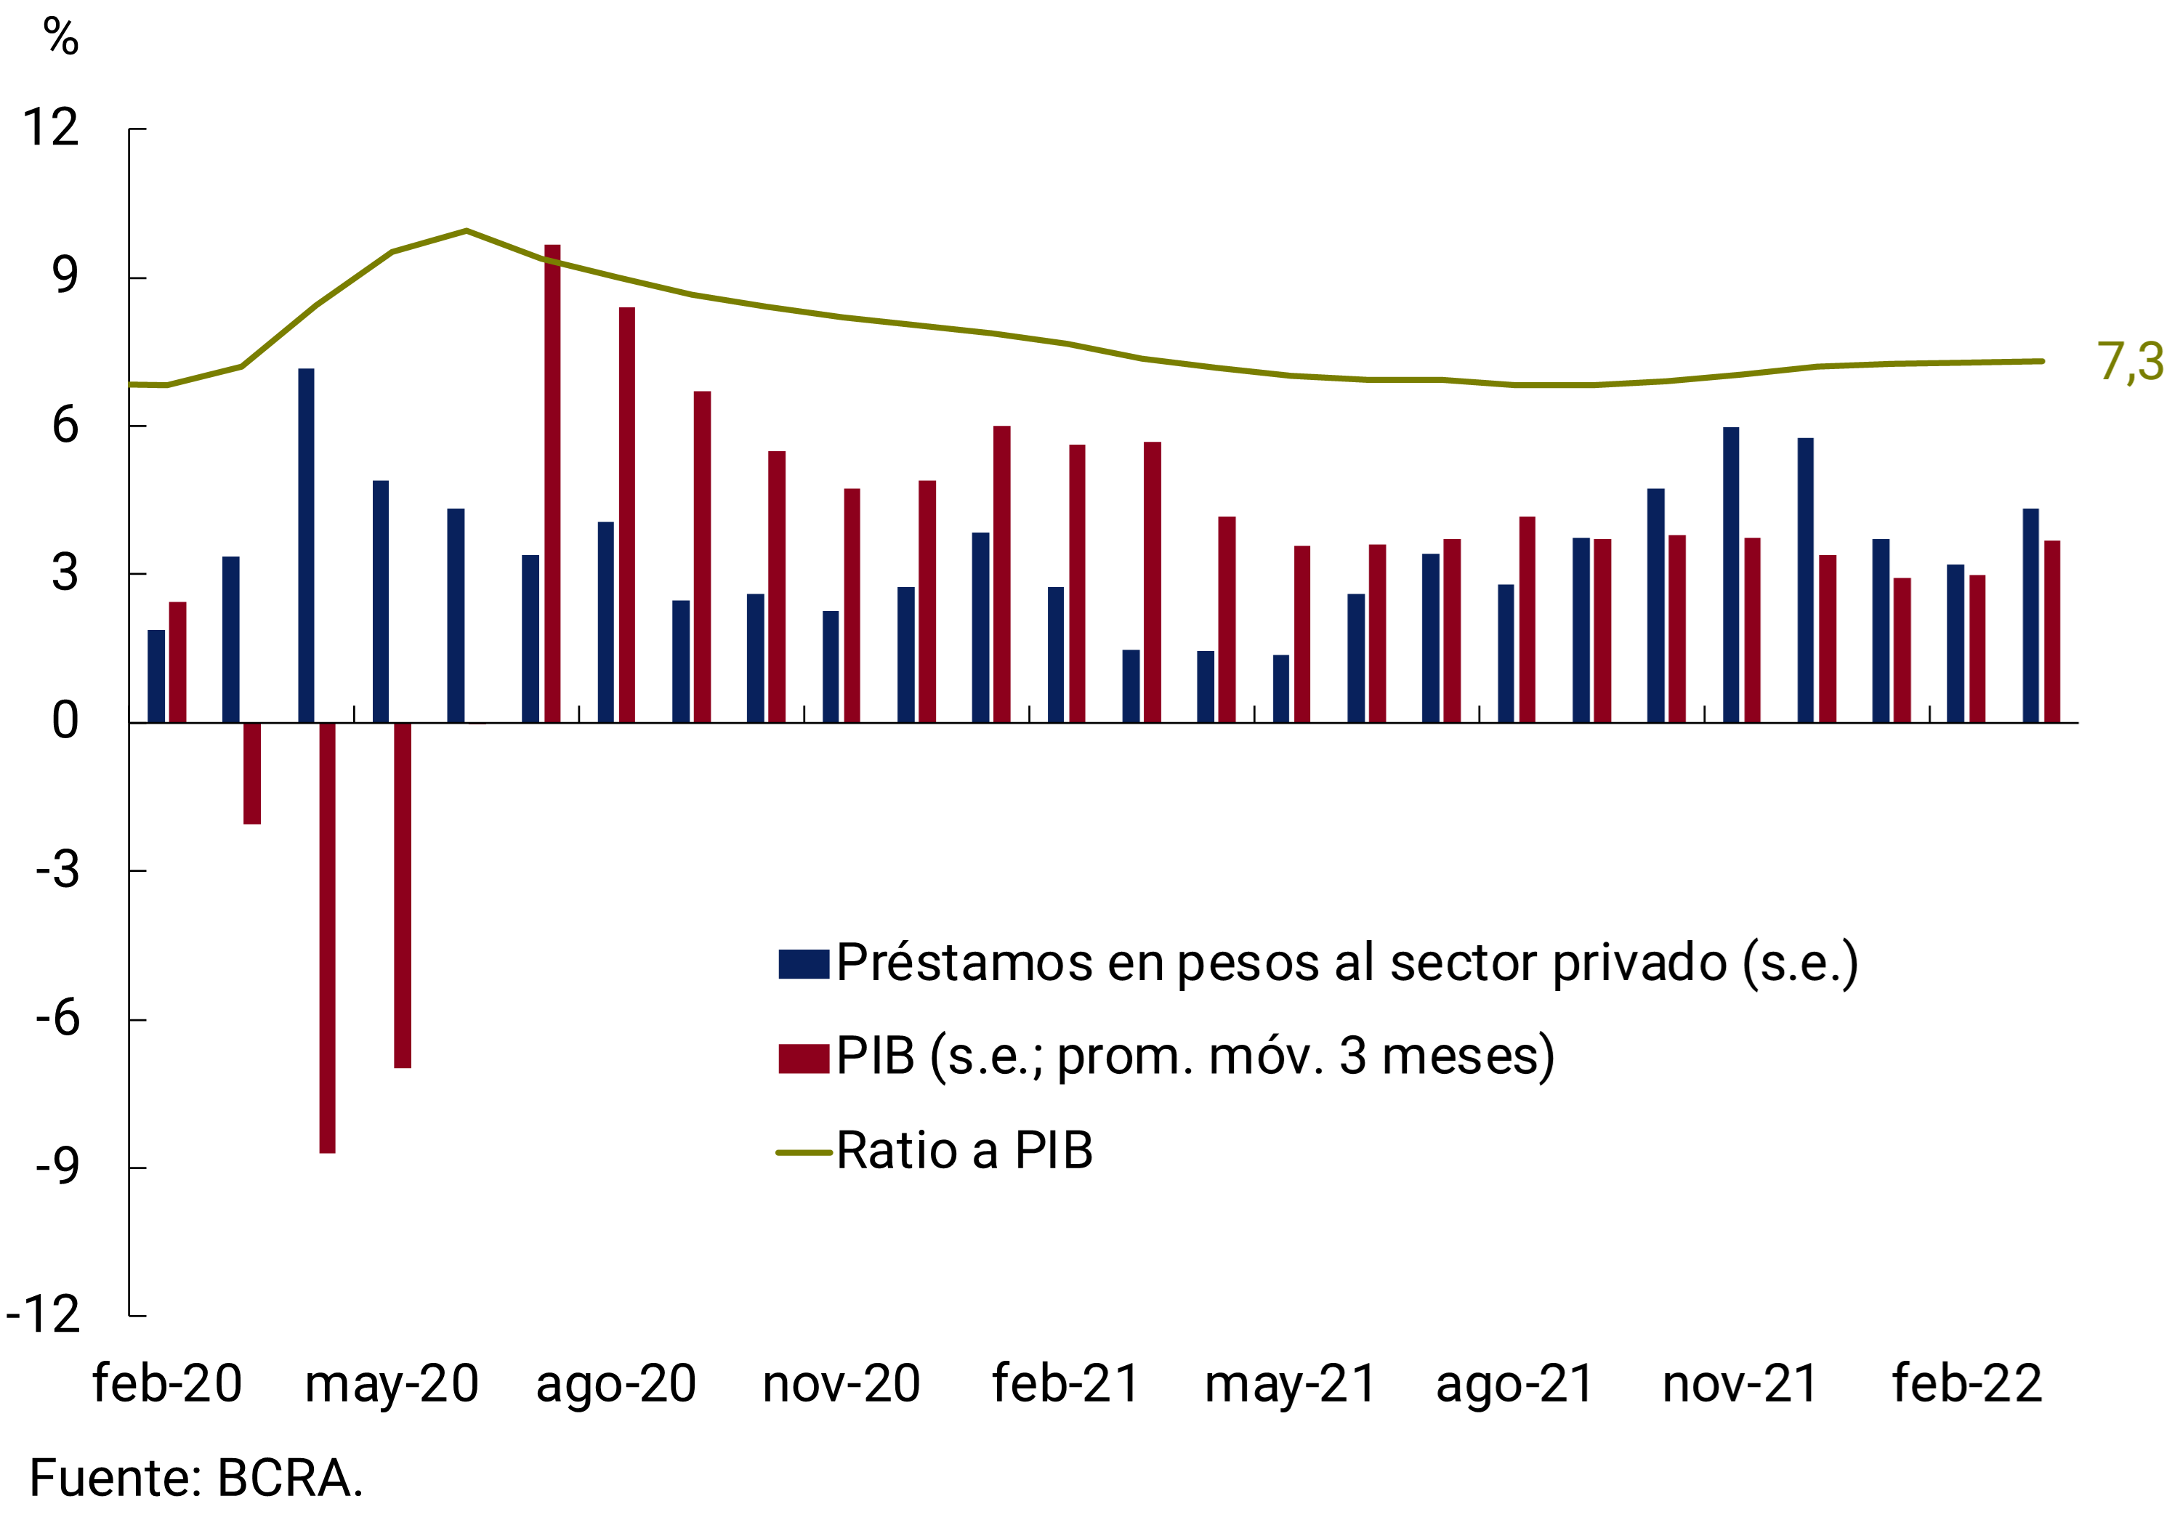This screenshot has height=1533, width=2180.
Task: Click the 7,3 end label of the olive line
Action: pyautogui.click(x=2130, y=362)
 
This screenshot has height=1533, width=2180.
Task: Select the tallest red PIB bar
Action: pyautogui.click(x=552, y=484)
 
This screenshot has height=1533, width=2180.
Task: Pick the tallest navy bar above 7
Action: pyautogui.click(x=306, y=546)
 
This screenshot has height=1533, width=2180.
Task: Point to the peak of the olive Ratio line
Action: pyautogui.click(x=467, y=230)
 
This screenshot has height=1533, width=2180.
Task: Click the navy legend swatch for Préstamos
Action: pyautogui.click(x=803, y=964)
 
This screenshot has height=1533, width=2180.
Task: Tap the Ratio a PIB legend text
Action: pyautogui.click(x=964, y=1152)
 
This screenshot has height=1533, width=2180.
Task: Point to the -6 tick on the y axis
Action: pyautogui.click(x=57, y=1019)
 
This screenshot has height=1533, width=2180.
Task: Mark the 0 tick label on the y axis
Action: pyautogui.click(x=65, y=721)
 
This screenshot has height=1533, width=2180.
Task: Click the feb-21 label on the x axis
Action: pyautogui.click(x=1065, y=1384)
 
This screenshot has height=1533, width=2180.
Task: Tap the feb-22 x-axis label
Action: pyautogui.click(x=1966, y=1384)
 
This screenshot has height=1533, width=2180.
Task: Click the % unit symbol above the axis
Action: pyautogui.click(x=61, y=38)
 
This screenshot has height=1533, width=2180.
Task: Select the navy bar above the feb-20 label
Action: pyautogui.click(x=156, y=676)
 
